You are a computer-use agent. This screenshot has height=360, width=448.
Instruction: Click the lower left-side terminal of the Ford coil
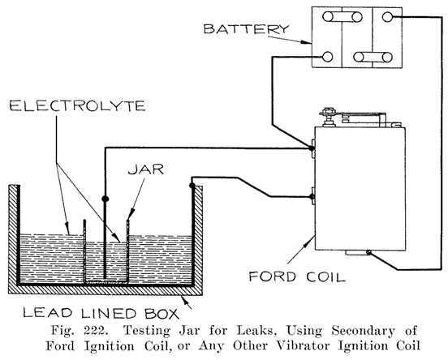point(312,195)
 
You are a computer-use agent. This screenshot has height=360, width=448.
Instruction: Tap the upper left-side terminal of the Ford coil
point(312,148)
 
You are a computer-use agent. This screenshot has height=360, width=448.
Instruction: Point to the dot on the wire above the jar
point(104,197)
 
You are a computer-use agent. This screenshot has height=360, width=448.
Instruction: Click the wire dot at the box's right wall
point(192,186)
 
